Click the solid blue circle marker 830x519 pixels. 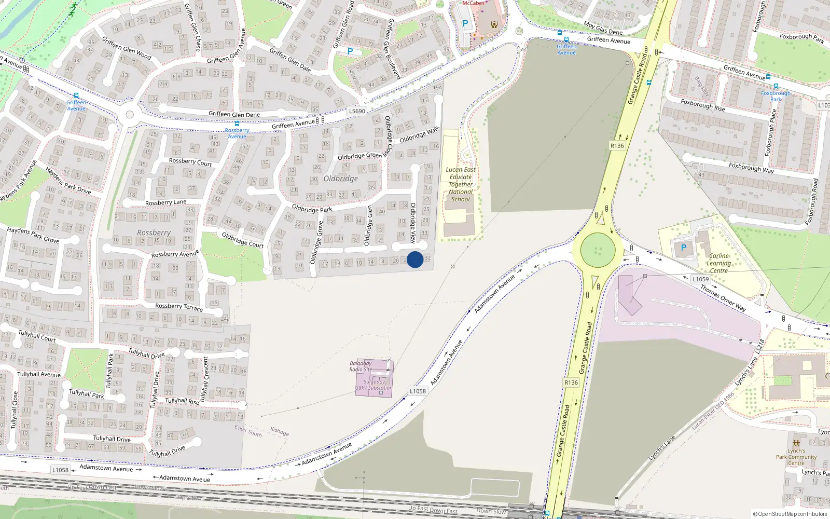pyautogui.click(x=415, y=259)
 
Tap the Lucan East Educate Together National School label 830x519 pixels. pyautogui.click(x=461, y=184)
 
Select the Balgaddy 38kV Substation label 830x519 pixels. pyautogui.click(x=374, y=385)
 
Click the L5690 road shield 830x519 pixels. pyautogui.click(x=357, y=111)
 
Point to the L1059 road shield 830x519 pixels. pyautogui.click(x=700, y=279)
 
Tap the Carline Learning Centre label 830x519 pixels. pyautogui.click(x=718, y=263)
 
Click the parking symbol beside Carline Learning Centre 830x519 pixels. pyautogui.click(x=683, y=248)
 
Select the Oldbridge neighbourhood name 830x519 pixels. pyautogui.click(x=341, y=179)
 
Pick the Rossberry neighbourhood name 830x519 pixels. pyautogui.click(x=154, y=233)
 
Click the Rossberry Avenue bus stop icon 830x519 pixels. pyautogui.click(x=237, y=124)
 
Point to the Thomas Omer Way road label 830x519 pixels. pyautogui.click(x=723, y=298)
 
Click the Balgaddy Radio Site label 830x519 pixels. pyautogui.click(x=361, y=366)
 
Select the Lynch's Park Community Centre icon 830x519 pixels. pyautogui.click(x=796, y=443)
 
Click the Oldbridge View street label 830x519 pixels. pyautogui.click(x=413, y=223)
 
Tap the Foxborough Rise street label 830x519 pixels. pyautogui.click(x=703, y=106)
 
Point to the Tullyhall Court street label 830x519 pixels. pyautogui.click(x=37, y=336)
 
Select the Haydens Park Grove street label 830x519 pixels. pyautogui.click(x=33, y=235)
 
